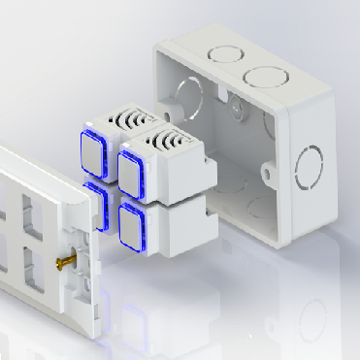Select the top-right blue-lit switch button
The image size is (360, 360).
click(133, 166)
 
